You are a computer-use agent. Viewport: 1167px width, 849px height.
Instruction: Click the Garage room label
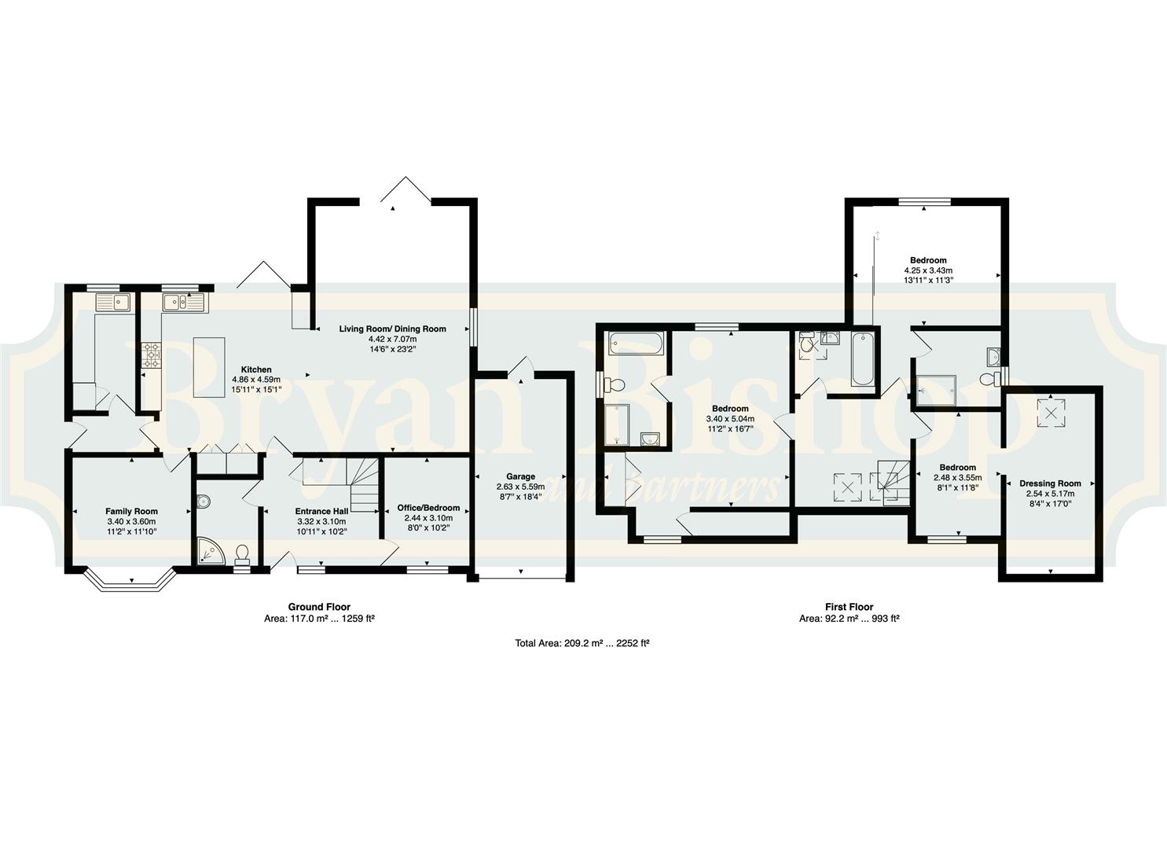coord(520,476)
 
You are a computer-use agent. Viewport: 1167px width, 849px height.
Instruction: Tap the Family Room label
coord(131,511)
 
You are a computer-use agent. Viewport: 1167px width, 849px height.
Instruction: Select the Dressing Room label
coord(1050,483)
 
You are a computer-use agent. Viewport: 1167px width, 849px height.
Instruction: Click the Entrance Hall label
coord(321,511)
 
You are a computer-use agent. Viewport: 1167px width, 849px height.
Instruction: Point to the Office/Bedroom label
coord(428,508)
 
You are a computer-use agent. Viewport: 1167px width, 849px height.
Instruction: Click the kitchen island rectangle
coord(210,367)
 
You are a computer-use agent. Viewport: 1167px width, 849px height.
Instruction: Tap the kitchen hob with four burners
coord(152,355)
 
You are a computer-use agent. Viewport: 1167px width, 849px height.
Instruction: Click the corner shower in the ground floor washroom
coord(211,551)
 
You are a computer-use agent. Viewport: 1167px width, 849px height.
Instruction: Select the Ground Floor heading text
coord(319,607)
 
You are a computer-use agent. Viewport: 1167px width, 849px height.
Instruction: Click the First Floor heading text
coord(850,607)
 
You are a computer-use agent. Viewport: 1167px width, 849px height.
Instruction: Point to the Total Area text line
coord(582,643)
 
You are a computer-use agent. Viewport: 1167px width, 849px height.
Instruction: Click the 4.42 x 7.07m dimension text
coord(392,339)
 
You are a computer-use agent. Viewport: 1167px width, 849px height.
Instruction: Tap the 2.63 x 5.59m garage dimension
coord(520,487)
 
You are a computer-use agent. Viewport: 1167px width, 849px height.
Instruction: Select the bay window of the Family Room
coord(131,583)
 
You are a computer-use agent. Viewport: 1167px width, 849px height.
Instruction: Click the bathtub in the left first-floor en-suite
coord(637,343)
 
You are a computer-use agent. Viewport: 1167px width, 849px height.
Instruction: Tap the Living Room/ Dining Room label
coord(392,329)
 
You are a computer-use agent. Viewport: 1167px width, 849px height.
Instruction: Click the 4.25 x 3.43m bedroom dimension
coord(928,270)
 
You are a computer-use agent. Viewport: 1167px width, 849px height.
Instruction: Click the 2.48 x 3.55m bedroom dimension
coord(957,477)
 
